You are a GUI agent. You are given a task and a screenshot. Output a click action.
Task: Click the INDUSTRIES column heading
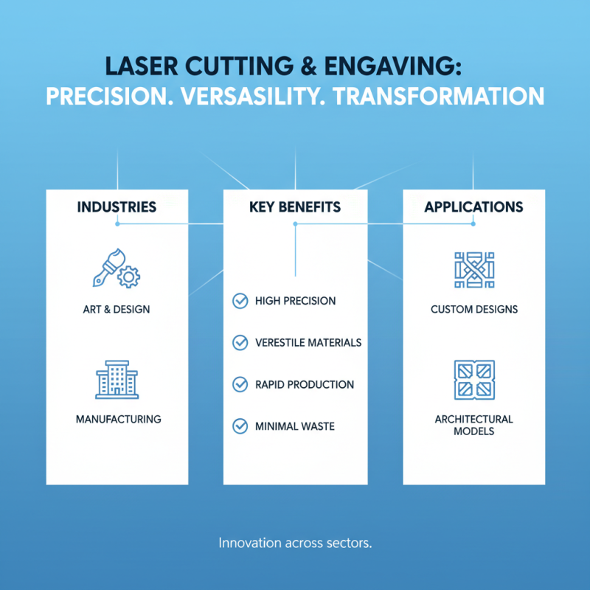tap(117, 207)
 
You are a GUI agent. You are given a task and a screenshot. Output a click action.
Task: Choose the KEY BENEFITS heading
tap(295, 207)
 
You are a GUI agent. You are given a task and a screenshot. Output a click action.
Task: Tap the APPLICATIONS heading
tap(473, 207)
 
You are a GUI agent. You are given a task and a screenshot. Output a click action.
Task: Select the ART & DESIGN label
tap(117, 309)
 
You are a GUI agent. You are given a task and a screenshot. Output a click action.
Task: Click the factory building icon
tap(117, 379)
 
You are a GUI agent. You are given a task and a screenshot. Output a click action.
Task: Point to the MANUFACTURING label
tap(118, 419)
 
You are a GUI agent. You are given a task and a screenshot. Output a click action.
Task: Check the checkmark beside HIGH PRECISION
tap(240, 301)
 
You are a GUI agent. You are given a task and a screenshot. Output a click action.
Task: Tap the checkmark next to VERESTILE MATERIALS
tap(240, 342)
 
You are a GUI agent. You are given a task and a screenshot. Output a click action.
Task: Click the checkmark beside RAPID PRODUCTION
tap(240, 384)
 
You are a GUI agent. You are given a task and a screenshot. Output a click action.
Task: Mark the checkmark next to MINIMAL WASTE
tap(240, 426)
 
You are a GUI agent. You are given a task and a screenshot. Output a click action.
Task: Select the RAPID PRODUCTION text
tap(304, 384)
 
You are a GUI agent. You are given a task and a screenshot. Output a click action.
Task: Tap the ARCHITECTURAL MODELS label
tap(474, 424)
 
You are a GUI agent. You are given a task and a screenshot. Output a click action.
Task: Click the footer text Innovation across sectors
tap(295, 544)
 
